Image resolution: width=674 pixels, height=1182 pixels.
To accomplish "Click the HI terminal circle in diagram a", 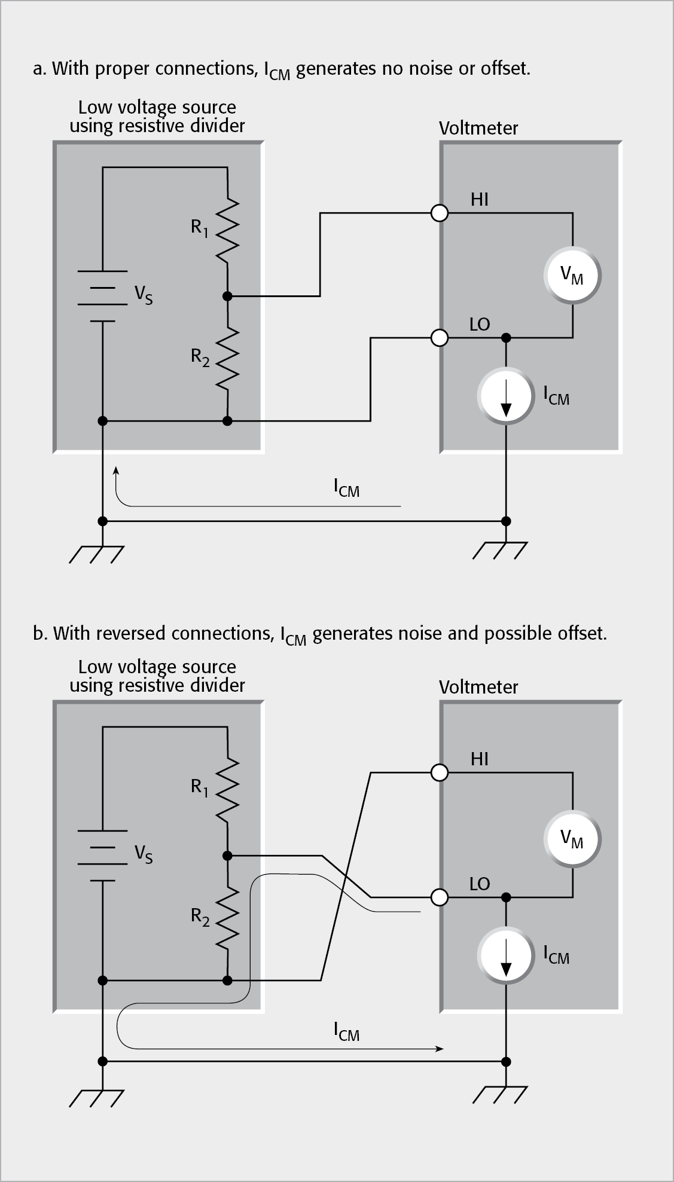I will coord(440,213).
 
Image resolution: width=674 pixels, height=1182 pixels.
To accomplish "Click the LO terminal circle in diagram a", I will coord(440,338).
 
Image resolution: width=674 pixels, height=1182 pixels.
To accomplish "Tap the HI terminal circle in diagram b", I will coord(440,772).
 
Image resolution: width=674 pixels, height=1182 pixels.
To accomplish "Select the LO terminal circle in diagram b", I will coord(440,897).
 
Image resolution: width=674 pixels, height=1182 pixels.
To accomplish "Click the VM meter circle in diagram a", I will coord(572,275).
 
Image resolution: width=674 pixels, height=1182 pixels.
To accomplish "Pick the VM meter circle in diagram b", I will coord(572,838).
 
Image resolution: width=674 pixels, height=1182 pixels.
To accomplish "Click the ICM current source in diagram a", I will coord(506,398).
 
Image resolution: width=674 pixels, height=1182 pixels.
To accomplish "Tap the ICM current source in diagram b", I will coord(506,957).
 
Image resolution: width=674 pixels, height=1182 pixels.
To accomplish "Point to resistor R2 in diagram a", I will coord(228,357).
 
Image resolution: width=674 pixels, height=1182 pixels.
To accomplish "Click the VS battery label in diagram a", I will coord(144,295).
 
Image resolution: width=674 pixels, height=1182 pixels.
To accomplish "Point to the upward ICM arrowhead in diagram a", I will coord(116,472).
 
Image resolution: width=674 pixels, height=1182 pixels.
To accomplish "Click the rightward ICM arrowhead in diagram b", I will coord(440,1049).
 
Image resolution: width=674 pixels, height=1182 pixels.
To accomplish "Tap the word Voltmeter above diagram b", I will coord(478,687).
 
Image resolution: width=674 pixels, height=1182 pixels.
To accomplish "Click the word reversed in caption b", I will coord(127,634).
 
